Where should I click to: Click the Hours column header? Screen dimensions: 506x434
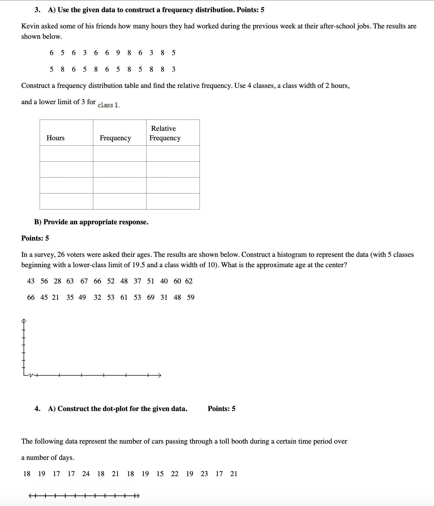(x=55, y=138)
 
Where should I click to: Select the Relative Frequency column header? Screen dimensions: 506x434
(x=165, y=133)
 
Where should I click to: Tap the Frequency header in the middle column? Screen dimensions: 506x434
(x=115, y=138)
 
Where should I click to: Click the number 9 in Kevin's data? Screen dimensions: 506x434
(x=118, y=53)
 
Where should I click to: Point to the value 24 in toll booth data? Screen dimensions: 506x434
(x=86, y=474)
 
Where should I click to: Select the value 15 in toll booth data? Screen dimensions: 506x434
(x=160, y=474)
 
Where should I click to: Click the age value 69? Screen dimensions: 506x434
(x=151, y=297)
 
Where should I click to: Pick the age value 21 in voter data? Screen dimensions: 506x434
(x=56, y=297)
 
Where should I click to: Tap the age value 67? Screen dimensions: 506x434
(x=84, y=281)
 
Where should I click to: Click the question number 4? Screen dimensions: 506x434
(x=37, y=409)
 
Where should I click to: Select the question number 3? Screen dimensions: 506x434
(x=37, y=10)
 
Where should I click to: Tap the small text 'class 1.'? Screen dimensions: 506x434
(x=109, y=105)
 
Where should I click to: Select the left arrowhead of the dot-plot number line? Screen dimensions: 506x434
(x=30, y=496)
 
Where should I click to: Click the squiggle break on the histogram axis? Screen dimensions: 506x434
(x=32, y=376)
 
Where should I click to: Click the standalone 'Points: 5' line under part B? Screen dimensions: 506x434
(x=35, y=238)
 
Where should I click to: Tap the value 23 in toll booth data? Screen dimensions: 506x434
(x=204, y=474)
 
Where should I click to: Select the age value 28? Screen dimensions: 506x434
(x=57, y=281)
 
